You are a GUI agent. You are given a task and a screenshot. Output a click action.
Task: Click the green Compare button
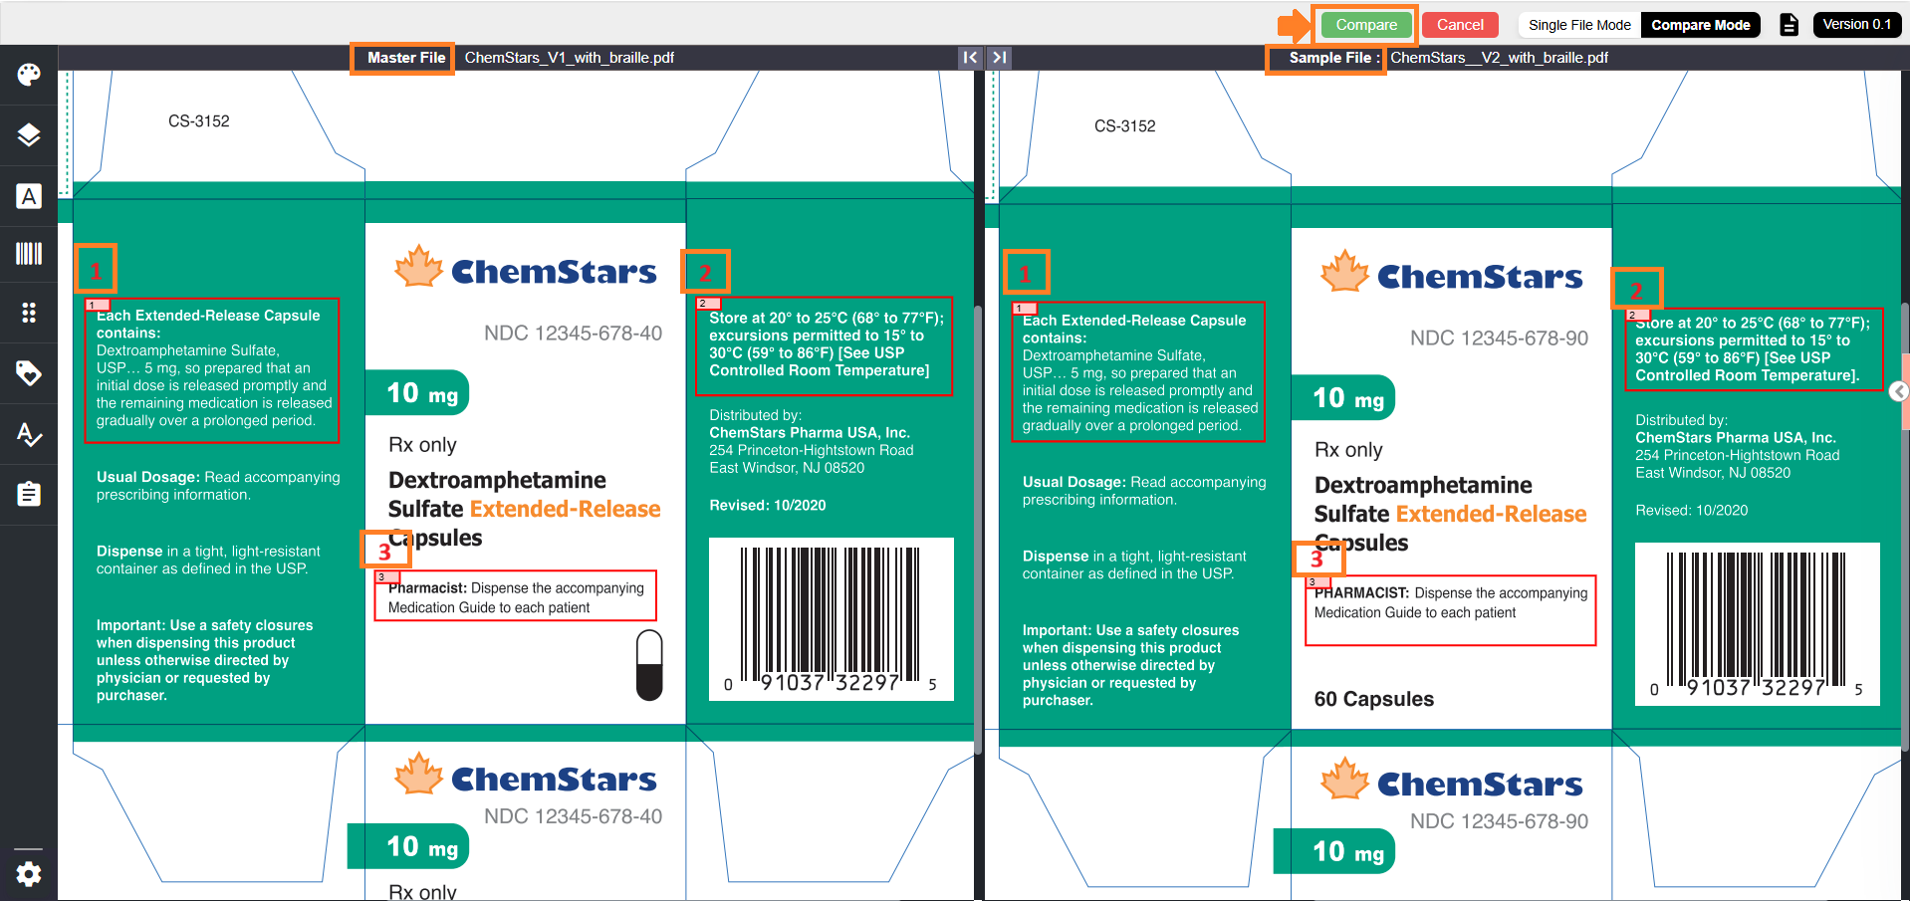[x=1365, y=25]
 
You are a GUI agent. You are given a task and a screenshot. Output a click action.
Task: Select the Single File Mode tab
[x=1579, y=25]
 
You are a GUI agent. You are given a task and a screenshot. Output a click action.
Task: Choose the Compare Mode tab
[x=1700, y=25]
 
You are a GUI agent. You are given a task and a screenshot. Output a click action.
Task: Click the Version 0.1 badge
[x=1856, y=25]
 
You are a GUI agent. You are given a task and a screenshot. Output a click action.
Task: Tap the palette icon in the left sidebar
[x=29, y=75]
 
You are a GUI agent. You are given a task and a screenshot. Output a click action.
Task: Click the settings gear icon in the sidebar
[x=29, y=874]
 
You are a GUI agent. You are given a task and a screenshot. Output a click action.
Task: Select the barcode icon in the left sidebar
[x=29, y=254]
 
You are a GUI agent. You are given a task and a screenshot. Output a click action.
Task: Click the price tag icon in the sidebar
[x=29, y=373]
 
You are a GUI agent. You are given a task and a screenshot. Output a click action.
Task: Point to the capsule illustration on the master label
[x=649, y=665]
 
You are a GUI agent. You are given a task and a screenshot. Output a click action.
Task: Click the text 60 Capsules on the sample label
[x=1373, y=699]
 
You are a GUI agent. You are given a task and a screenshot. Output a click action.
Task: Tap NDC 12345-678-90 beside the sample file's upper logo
[x=1499, y=338]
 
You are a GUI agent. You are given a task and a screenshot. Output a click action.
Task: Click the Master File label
[x=406, y=58]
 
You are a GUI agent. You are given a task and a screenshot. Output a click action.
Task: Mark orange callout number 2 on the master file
[x=705, y=272]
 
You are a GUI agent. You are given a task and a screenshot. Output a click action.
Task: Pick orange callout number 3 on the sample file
[x=1317, y=559]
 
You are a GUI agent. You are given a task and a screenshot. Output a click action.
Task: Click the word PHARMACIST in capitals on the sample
[x=1361, y=593]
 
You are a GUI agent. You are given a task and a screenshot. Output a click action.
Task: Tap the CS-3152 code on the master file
[x=199, y=121]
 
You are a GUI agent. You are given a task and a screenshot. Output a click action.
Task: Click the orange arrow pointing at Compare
[x=1295, y=26]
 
